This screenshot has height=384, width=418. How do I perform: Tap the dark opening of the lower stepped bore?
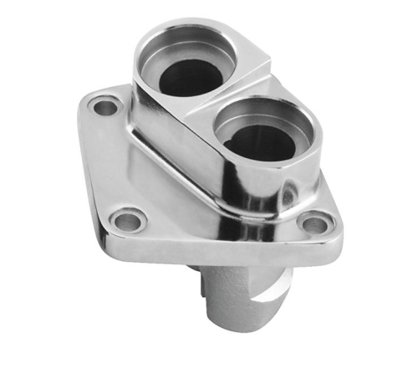click(x=259, y=142)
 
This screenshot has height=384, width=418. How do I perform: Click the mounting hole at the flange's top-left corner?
click(x=104, y=107)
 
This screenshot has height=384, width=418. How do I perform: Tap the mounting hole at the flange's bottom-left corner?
click(x=129, y=221)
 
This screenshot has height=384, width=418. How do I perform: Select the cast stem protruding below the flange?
click(x=242, y=293)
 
